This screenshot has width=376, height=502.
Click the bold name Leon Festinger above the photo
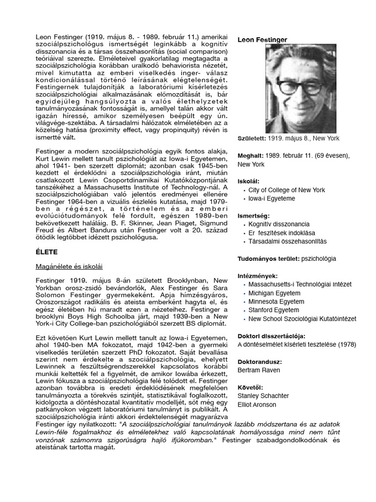tap(262, 40)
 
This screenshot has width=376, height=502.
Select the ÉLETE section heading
tap(47, 252)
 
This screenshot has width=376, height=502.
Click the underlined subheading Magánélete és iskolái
tap(69, 266)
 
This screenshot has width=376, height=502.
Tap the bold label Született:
tap(252, 138)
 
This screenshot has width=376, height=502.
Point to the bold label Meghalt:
tap(250, 156)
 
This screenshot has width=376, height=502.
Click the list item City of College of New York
tap(286, 190)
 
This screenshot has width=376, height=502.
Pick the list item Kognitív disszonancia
tap(279, 224)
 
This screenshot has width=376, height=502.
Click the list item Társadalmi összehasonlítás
tap(287, 242)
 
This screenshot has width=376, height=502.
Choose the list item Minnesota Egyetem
tap(276, 301)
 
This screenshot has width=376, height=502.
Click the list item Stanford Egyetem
tap(273, 310)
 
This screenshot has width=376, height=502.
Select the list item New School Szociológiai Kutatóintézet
tap(302, 319)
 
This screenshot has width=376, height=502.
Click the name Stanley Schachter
tap(263, 396)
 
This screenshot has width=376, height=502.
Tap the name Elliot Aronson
tap(257, 404)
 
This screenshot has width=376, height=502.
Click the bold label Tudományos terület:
tap(268, 258)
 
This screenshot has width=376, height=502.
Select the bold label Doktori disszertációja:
tap(271, 336)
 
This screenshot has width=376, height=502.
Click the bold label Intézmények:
tap(258, 276)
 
